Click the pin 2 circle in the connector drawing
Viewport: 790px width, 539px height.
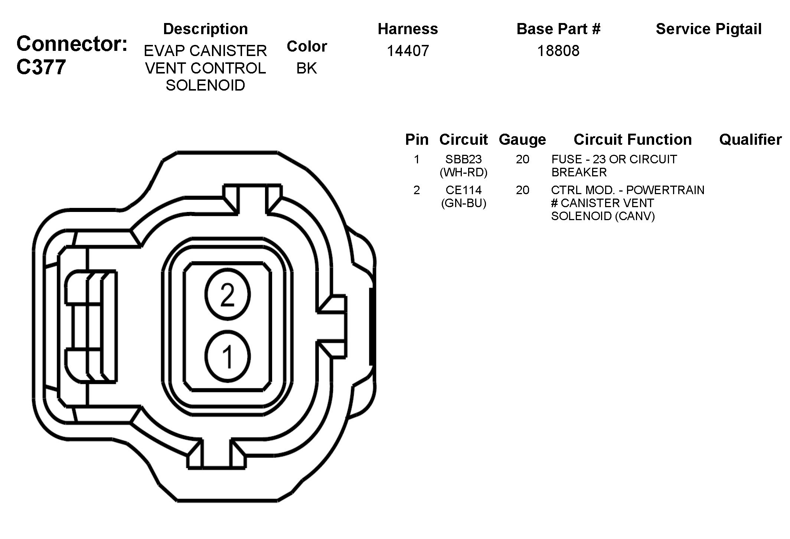(x=228, y=294)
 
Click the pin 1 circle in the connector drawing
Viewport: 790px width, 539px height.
(x=228, y=356)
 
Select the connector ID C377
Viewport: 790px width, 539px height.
(x=41, y=67)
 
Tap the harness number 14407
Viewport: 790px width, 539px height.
(x=408, y=50)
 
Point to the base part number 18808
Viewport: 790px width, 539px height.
(x=558, y=50)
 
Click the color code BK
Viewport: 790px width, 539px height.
(x=307, y=68)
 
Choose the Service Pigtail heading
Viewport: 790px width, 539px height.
(x=709, y=29)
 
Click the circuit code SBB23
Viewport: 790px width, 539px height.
(x=463, y=159)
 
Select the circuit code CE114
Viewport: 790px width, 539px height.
(x=463, y=190)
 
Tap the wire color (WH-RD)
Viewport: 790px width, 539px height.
(x=463, y=172)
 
